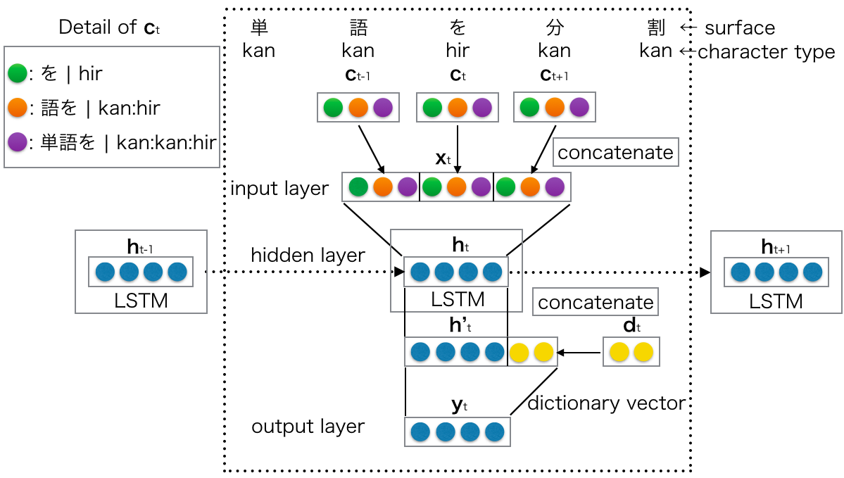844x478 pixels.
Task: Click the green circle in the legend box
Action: pos(18,73)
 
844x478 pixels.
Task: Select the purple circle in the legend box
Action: pos(18,143)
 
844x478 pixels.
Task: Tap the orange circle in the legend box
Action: pos(18,108)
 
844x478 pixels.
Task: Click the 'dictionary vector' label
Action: pos(606,403)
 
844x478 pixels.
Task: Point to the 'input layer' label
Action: pos(279,188)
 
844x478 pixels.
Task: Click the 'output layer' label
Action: pos(308,427)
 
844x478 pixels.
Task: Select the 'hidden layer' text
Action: pos(308,256)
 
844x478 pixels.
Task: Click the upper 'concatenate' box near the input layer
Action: pos(615,152)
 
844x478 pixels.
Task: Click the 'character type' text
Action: pos(766,51)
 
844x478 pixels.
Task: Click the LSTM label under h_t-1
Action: pos(141,301)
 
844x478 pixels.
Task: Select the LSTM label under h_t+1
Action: pos(776,301)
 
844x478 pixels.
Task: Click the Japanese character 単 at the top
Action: pos(259,28)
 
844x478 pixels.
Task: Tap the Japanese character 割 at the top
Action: pos(656,28)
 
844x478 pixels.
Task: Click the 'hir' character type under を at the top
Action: pos(458,51)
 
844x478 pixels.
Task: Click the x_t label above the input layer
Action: pos(443,159)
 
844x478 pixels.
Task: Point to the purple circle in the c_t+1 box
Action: pos(579,108)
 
